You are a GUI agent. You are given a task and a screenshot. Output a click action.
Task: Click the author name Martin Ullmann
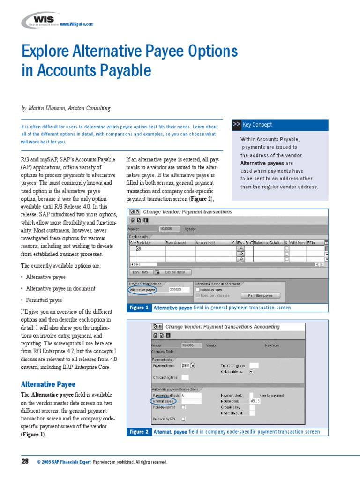[47, 108]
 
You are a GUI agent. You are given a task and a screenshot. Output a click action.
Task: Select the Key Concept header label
[257, 125]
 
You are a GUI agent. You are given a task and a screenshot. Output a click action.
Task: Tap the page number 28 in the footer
[25, 462]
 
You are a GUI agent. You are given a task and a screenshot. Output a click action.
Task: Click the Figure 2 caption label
[140, 432]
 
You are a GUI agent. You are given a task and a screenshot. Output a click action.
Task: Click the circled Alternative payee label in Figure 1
[143, 290]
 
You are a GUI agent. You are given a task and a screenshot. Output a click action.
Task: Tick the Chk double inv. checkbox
[251, 372]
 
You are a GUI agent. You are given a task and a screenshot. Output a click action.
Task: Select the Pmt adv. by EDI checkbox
[183, 419]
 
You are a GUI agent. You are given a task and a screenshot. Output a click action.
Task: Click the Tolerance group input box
[254, 366]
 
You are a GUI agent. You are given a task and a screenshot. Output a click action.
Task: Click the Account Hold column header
[205, 243]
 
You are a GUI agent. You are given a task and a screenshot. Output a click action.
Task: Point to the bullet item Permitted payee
[44, 300]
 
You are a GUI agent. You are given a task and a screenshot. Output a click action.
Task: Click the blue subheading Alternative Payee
[48, 384]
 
